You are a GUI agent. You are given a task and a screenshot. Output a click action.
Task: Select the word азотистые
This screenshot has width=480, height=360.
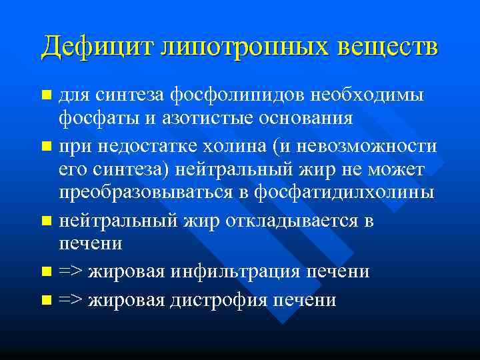pos(188,119)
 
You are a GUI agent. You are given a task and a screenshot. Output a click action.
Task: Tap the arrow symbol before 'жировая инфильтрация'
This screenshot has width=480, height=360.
pos(69,272)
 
